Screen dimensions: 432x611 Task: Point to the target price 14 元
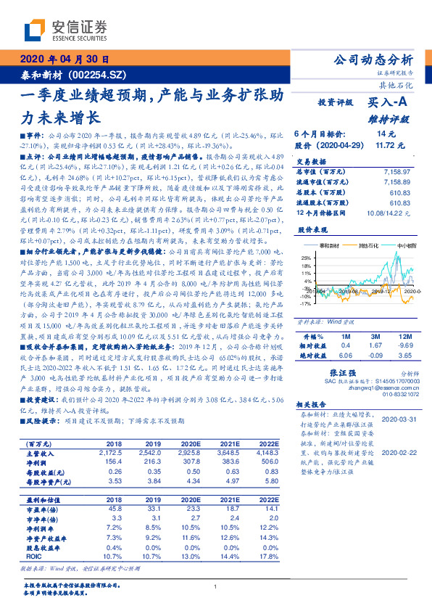386,134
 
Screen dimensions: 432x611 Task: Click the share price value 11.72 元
386,145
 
